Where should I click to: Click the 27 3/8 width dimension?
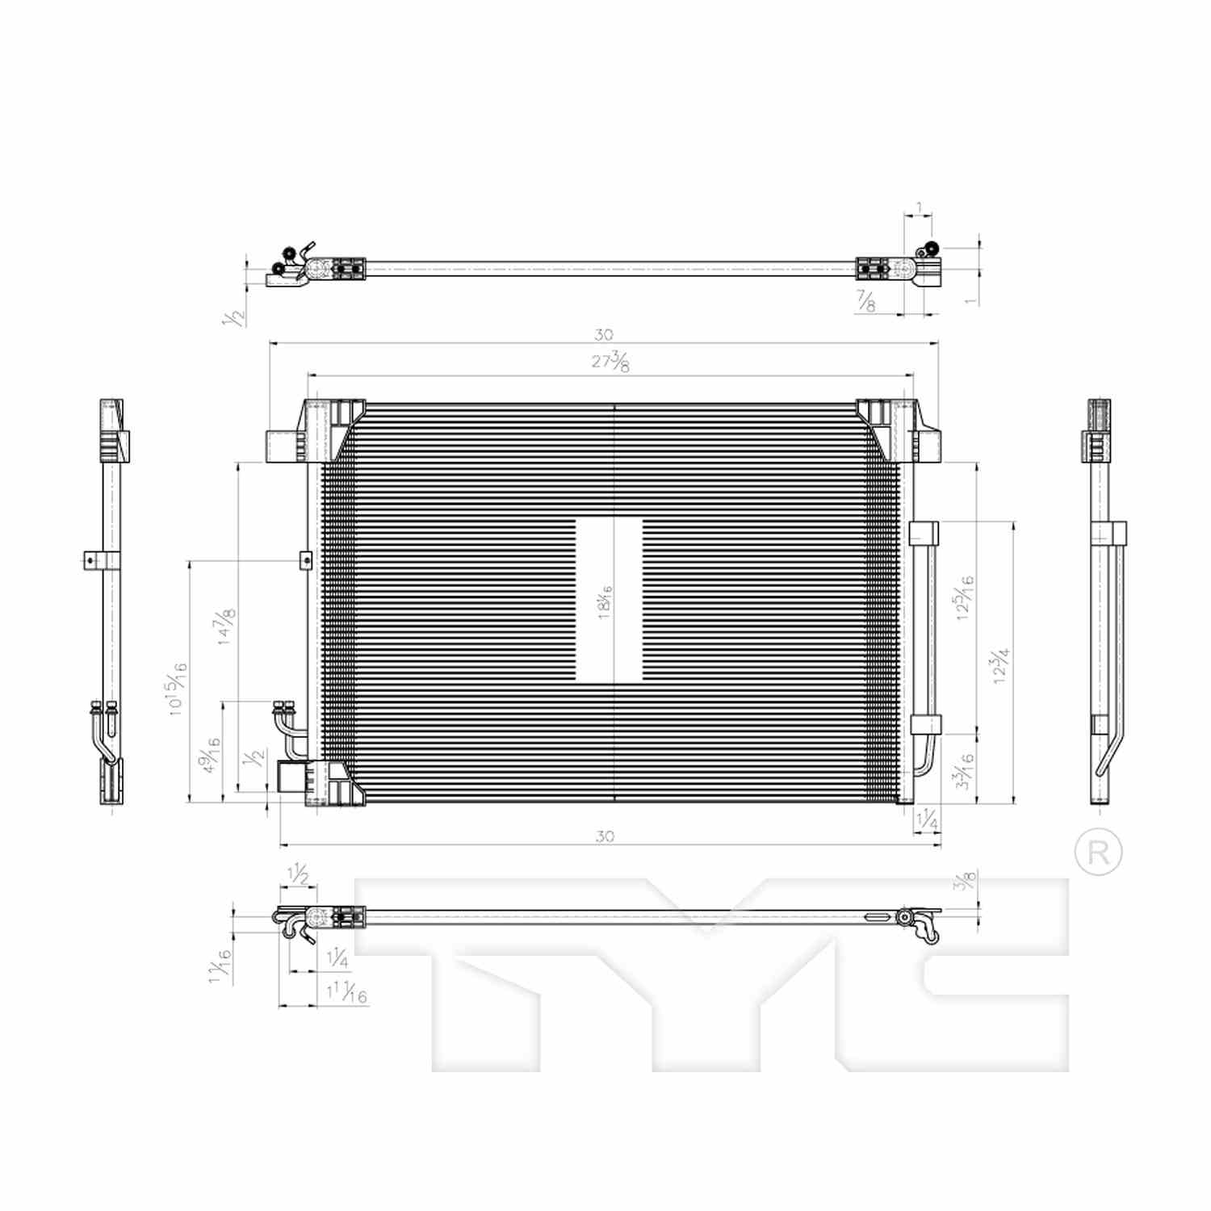pyautogui.click(x=610, y=362)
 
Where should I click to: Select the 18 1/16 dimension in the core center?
pyautogui.click(x=605, y=602)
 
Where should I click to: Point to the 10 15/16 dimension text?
pyautogui.click(x=177, y=689)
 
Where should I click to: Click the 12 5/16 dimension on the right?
pyautogui.click(x=964, y=597)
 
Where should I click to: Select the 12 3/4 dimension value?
pyautogui.click(x=1001, y=666)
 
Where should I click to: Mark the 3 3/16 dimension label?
pyautogui.click(x=964, y=769)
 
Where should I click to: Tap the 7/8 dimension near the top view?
pyautogui.click(x=865, y=303)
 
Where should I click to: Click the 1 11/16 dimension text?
pyautogui.click(x=347, y=993)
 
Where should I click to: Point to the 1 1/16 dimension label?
pyautogui.click(x=220, y=965)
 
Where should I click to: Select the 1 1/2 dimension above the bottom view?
pyautogui.click(x=298, y=874)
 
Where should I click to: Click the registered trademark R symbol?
pyautogui.click(x=1099, y=852)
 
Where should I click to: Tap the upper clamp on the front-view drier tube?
pyautogui.click(x=924, y=534)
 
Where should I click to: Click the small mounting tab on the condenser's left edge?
pyautogui.click(x=304, y=559)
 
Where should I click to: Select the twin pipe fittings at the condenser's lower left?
pyautogui.click(x=284, y=710)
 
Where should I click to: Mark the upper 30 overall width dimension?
pyautogui.click(x=603, y=334)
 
